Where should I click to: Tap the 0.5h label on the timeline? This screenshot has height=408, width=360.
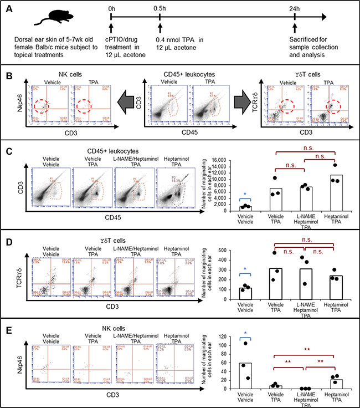coord(160,9)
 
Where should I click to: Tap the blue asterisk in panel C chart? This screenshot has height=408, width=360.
coord(245,195)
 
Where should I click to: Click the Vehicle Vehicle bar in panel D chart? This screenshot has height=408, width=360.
coord(245,293)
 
